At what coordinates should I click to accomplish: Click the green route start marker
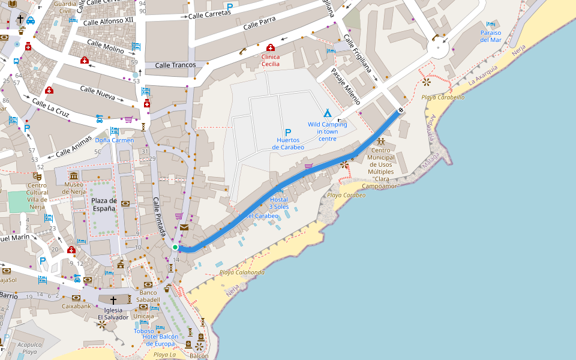[175, 247]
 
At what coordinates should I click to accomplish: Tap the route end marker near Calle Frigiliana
[400, 110]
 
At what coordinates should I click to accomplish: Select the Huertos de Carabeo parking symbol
[288, 133]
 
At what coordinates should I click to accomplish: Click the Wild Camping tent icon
[328, 113]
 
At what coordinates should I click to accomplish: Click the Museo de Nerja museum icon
[73, 176]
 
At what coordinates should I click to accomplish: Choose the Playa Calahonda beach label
[242, 272]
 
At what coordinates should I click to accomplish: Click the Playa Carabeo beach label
[346, 195]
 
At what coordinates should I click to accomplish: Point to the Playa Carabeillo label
[443, 97]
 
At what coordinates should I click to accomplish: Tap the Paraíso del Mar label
[490, 36]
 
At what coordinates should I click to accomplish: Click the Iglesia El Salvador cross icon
[112, 299]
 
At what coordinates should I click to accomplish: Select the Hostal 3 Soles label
[279, 203]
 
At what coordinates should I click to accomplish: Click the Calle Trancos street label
[175, 65]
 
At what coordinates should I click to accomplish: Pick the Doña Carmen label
[114, 140]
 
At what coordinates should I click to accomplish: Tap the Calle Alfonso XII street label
[109, 20]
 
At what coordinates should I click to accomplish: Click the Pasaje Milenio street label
[346, 86]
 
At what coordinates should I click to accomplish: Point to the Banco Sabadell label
[147, 296]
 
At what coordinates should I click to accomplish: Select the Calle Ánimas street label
[75, 146]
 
